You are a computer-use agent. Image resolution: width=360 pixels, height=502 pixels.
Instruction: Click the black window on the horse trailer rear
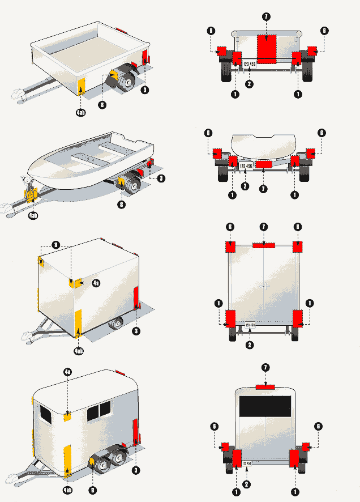[x=265, y=407]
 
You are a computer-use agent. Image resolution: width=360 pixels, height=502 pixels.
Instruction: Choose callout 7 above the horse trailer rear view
[x=265, y=367]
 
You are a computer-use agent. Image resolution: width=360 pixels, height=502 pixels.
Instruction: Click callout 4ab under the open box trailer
[x=81, y=113]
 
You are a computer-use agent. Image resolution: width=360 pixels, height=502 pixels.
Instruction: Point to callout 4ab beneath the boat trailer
[x=33, y=215]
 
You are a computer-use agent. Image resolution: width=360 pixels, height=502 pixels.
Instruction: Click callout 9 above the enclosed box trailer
[x=55, y=245]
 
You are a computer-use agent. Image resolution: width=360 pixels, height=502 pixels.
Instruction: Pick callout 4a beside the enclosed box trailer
[x=96, y=283]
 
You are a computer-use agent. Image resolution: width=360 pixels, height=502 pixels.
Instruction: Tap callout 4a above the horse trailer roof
[x=67, y=372]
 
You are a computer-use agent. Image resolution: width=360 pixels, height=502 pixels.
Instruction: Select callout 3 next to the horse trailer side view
[x=136, y=470]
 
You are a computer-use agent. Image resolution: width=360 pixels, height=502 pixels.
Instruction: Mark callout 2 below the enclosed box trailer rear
[x=249, y=344]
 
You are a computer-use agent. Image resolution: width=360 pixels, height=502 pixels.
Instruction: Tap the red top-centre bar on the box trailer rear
[x=264, y=245]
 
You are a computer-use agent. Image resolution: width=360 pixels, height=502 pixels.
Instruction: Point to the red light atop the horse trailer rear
[x=265, y=387]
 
